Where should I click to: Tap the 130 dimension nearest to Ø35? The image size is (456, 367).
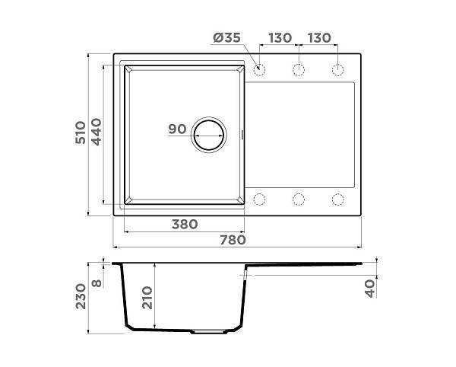(280, 39)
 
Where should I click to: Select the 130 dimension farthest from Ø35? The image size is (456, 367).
(319, 39)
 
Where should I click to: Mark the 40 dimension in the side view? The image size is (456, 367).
(372, 289)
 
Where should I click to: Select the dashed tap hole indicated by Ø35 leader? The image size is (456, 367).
(259, 71)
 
